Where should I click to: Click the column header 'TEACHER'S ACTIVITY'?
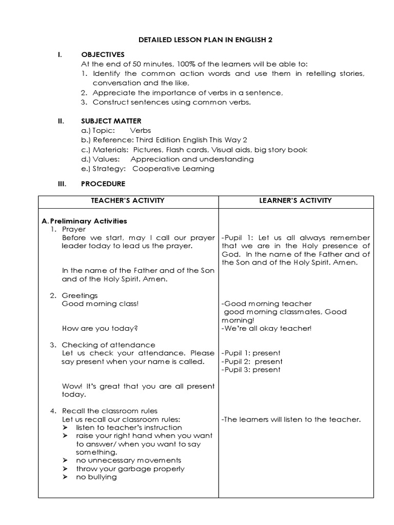pos(128,200)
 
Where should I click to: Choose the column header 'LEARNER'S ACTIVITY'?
pos(295,200)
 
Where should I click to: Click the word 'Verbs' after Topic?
pos(140,131)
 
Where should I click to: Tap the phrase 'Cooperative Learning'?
pos(173,169)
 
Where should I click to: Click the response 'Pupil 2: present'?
pos(251,361)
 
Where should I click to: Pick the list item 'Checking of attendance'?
pos(108,345)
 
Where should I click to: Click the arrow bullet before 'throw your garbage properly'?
pos(65,469)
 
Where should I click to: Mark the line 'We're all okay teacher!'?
pos(266,328)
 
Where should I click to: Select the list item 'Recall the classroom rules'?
pos(109,411)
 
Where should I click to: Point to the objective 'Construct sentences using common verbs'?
pos(172,102)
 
